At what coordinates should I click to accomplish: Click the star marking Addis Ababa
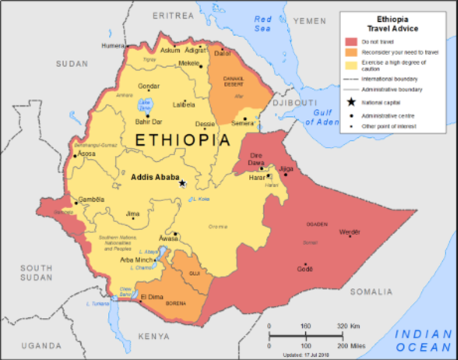(x=182, y=182)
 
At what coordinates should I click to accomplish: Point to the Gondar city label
(x=148, y=86)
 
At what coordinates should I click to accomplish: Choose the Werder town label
(x=350, y=232)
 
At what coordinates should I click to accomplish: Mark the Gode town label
(x=304, y=275)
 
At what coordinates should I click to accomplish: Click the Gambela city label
(x=91, y=199)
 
